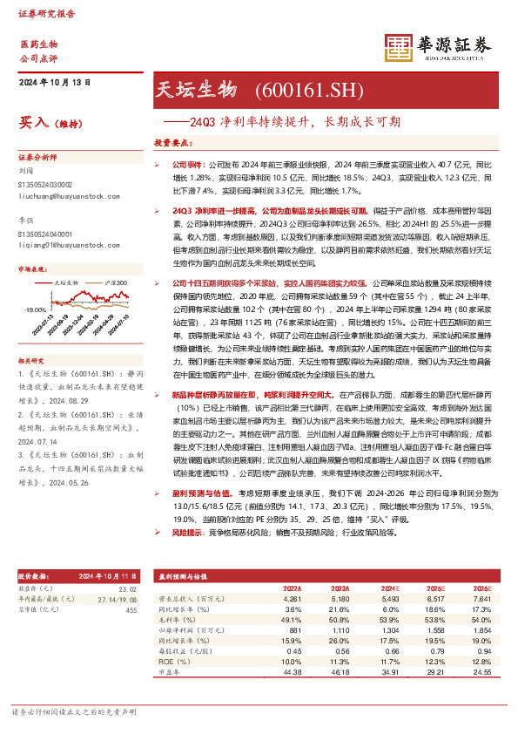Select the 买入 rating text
click(x=34, y=124)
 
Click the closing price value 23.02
click(x=129, y=589)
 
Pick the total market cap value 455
click(x=131, y=610)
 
